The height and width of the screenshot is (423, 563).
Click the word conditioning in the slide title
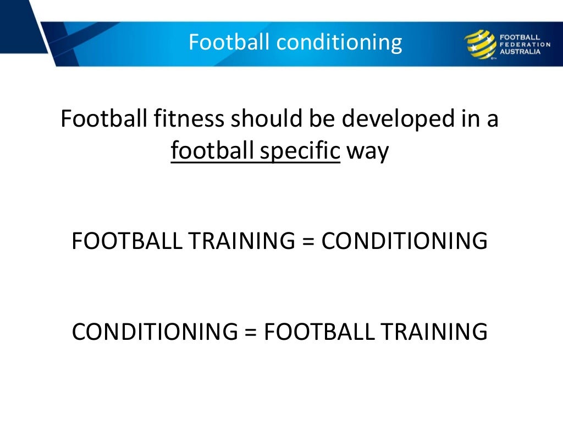[x=347, y=42]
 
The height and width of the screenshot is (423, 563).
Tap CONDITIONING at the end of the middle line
[x=404, y=242]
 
